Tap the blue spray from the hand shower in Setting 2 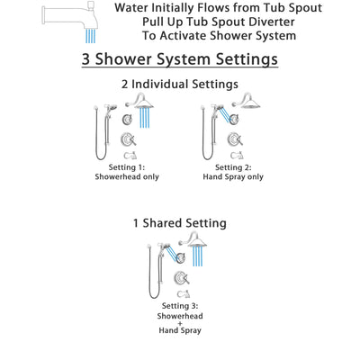click(x=223, y=117)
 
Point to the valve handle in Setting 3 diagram click(x=180, y=277)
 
